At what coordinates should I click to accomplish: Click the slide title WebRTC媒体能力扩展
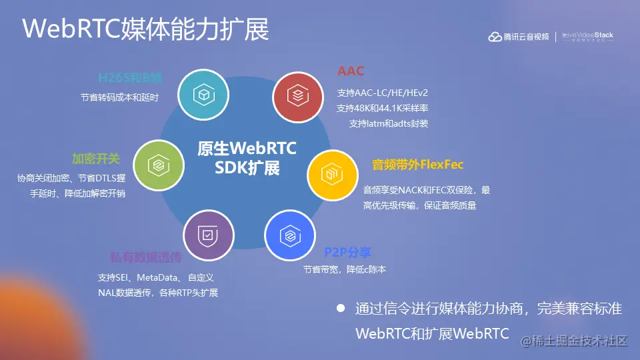tap(146, 29)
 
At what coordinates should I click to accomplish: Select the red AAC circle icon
tap(298, 95)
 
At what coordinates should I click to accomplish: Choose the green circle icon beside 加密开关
tap(158, 165)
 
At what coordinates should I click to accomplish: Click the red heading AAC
tap(351, 71)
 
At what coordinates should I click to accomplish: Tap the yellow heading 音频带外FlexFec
tap(417, 164)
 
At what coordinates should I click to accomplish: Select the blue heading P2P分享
tap(347, 253)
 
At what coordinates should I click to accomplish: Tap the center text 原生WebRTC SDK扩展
tap(247, 157)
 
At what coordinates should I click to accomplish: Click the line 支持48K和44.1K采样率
tap(382, 107)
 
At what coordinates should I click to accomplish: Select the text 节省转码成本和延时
tap(119, 97)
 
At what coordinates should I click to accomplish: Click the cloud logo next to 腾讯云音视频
tap(495, 37)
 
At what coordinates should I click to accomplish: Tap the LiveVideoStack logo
tap(587, 37)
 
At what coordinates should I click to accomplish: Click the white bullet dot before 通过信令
tap(341, 309)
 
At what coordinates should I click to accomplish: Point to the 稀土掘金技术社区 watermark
tap(575, 341)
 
